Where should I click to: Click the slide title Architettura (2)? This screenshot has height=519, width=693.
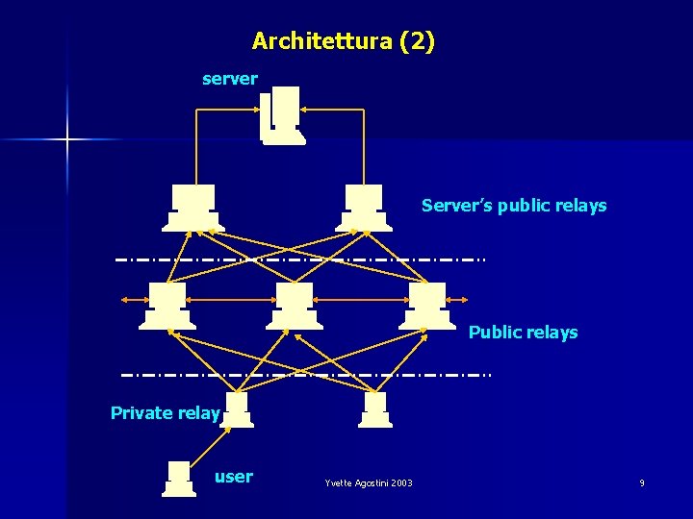(x=343, y=41)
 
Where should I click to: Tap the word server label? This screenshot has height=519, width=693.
(x=229, y=79)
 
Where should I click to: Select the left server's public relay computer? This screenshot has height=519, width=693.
(x=193, y=208)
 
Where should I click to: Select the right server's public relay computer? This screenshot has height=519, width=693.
(x=364, y=208)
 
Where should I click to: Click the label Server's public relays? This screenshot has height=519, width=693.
(x=514, y=206)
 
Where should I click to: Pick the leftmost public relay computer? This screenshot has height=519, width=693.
(x=167, y=306)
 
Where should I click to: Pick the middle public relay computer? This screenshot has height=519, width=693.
(x=295, y=306)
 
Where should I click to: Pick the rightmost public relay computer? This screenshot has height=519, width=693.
(x=428, y=306)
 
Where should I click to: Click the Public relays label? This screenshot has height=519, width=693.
(x=523, y=333)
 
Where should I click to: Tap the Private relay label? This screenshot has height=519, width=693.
(x=166, y=413)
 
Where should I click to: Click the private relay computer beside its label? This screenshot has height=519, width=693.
(x=236, y=409)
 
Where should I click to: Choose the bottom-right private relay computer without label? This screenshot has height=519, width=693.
(x=375, y=409)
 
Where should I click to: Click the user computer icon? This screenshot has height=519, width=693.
(x=179, y=479)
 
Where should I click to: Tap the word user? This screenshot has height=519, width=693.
(x=234, y=477)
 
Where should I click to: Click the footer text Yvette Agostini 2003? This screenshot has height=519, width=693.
(x=369, y=482)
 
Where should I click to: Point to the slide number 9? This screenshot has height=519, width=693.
(x=642, y=482)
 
